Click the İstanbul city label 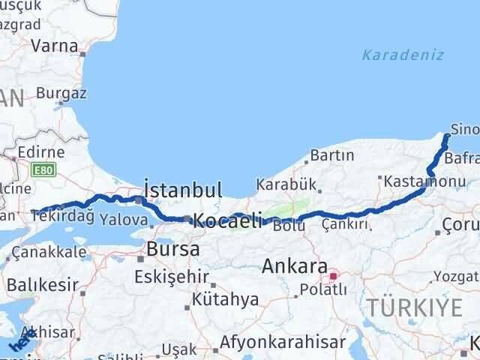(182, 189)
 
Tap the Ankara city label (295, 266)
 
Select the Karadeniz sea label (403, 55)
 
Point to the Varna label (54, 45)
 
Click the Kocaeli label (228, 220)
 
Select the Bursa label (173, 249)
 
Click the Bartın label (331, 155)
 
